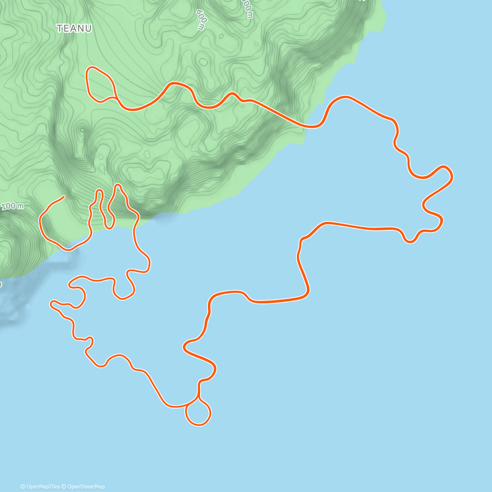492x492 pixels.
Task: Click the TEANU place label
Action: click(x=74, y=28)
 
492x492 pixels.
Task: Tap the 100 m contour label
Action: click(x=12, y=206)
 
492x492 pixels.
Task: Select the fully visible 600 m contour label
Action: click(x=200, y=20)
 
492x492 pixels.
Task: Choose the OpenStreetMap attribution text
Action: click(x=86, y=487)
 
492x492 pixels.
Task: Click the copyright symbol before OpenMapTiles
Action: click(x=23, y=487)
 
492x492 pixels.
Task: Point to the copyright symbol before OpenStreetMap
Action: click(x=64, y=487)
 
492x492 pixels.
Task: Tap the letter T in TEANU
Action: click(x=59, y=28)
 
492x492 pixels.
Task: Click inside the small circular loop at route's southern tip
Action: click(x=198, y=412)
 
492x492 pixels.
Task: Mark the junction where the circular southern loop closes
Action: click(x=198, y=397)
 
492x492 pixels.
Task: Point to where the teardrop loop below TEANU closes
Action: click(x=115, y=97)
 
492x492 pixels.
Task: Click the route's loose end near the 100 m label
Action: click(x=64, y=197)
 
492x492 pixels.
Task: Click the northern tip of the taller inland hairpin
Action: click(x=118, y=185)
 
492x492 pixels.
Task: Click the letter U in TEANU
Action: click(x=88, y=28)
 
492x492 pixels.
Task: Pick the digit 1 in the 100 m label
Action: click(x=4, y=207)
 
